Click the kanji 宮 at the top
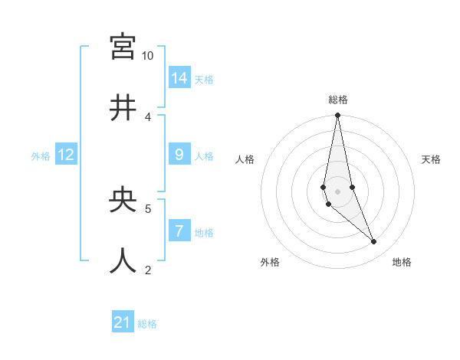coord(123,47)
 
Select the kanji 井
coord(123,108)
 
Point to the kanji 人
coord(123,260)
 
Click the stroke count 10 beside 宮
coord(147,56)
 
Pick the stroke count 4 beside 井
coord(148,116)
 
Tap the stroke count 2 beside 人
coord(148,269)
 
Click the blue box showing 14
coord(179,78)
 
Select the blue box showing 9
coord(179,155)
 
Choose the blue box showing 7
coord(179,231)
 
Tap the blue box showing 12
coord(66,155)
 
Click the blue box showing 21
coord(123,322)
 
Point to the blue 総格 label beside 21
coord(147,324)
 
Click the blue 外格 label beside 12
coord(41,156)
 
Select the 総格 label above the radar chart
coord(338,100)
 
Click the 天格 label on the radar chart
coord(432,159)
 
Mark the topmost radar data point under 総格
coord(337,116)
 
